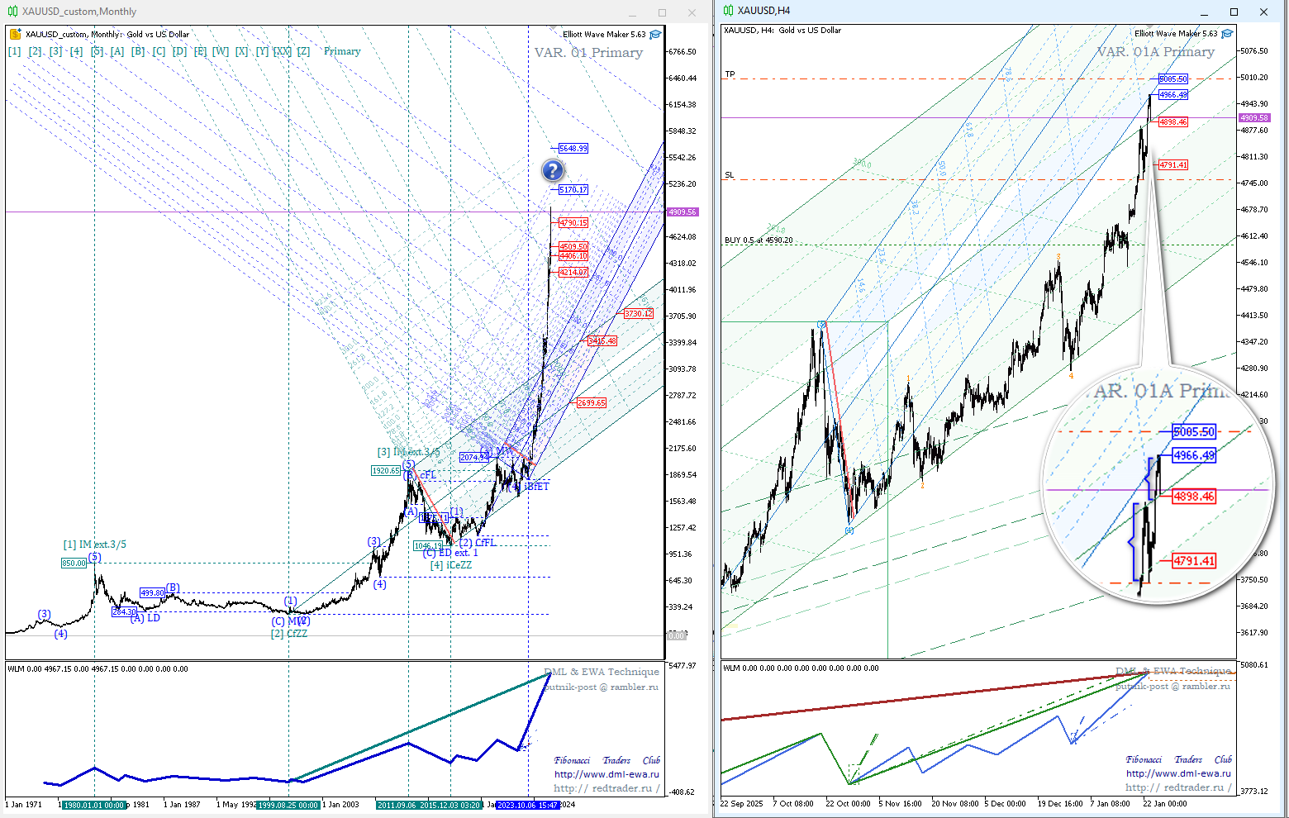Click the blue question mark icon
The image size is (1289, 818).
coord(553,170)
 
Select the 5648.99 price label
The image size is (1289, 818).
coord(573,149)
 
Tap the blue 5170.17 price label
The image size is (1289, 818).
coord(573,190)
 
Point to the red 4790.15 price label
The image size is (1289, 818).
coord(573,223)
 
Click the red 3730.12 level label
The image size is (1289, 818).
coord(638,314)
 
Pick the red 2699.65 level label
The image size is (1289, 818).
coord(591,403)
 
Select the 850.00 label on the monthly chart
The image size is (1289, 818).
coord(74,564)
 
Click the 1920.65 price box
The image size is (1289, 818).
coord(386,471)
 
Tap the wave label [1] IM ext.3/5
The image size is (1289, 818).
coord(95,545)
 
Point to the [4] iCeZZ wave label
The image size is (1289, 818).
coord(451,565)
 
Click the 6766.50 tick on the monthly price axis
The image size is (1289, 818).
coord(682,51)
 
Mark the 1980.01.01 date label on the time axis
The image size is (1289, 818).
coord(94,805)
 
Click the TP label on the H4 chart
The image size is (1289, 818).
coord(730,74)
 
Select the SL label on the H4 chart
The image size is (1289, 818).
coord(730,175)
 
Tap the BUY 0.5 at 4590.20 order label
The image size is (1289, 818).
coord(759,240)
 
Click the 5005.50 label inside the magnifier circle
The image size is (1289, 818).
coord(1194,432)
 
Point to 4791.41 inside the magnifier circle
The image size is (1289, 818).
coord(1194,561)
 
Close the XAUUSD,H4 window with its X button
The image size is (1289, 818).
coord(1263,12)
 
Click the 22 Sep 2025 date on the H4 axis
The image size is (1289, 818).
coord(742,804)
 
